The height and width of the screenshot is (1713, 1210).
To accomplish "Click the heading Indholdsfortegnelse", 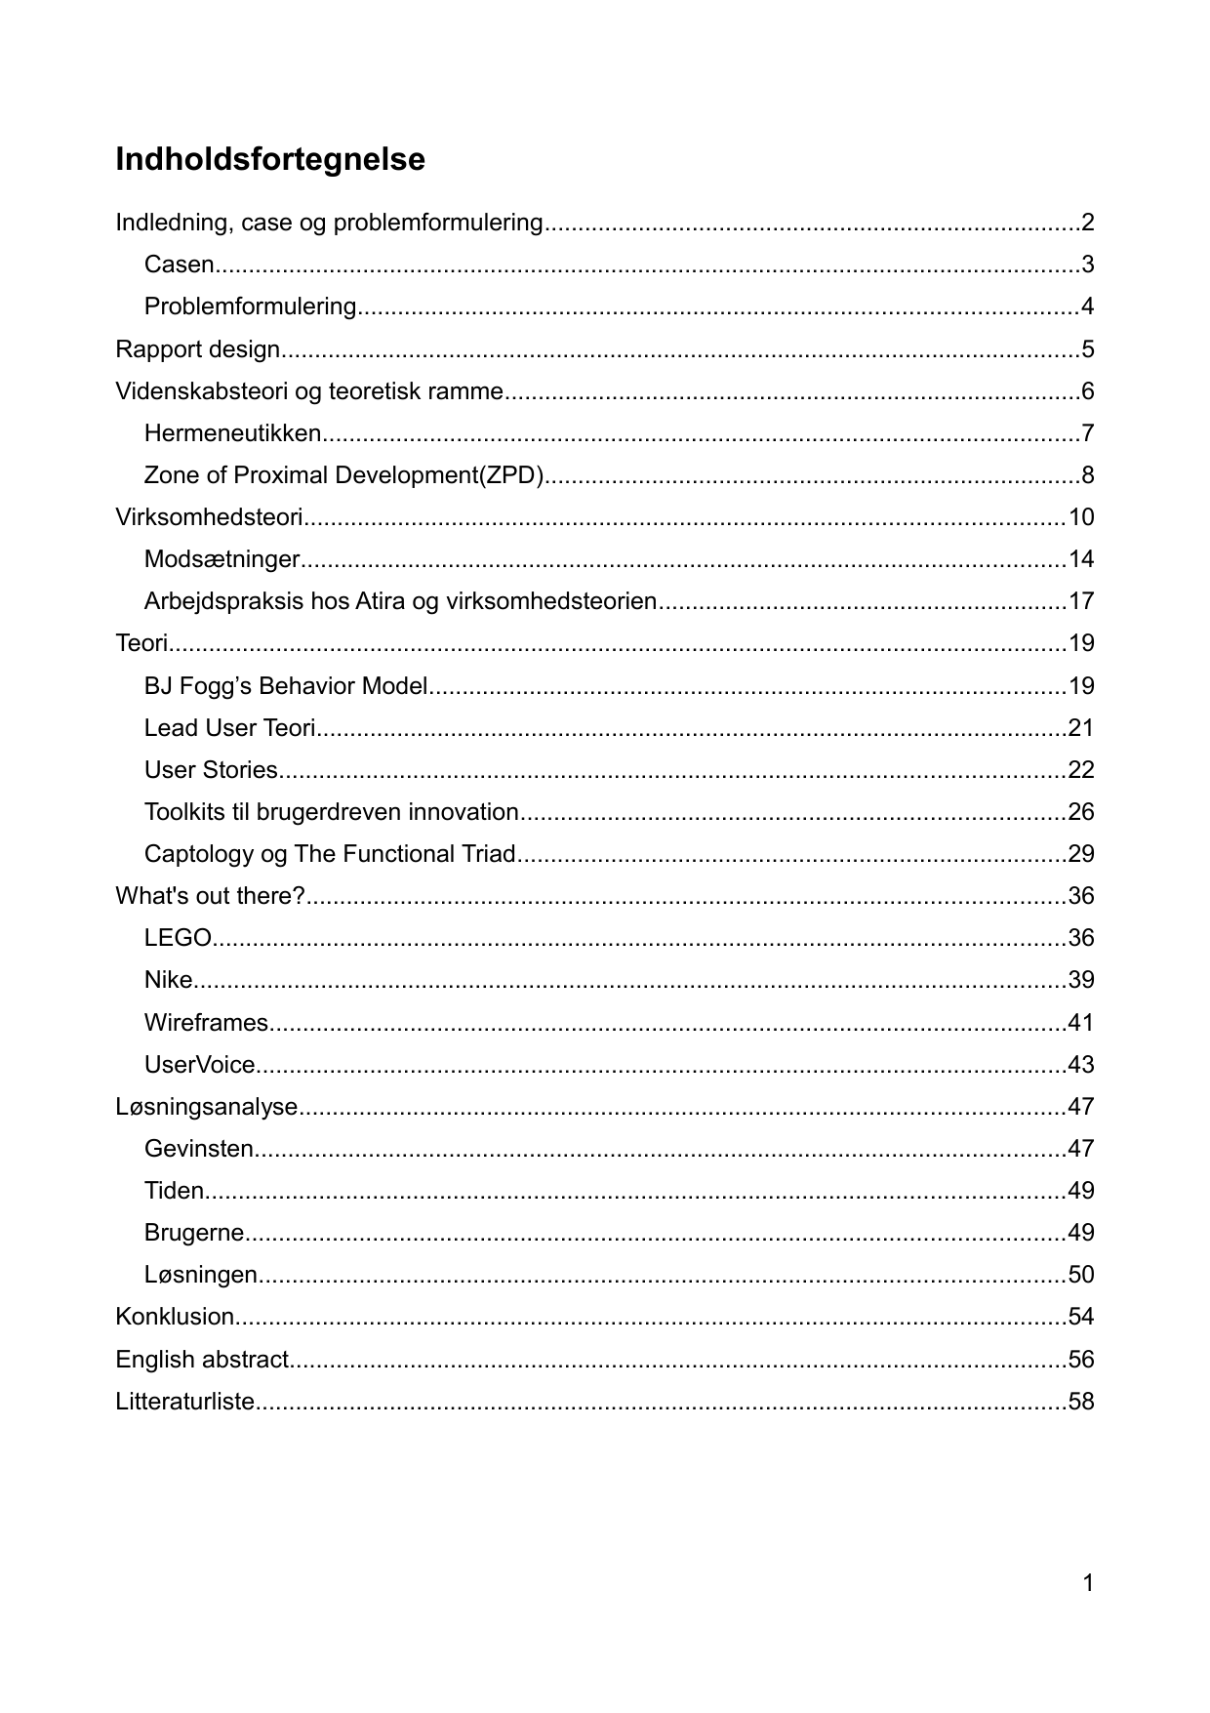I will [270, 159].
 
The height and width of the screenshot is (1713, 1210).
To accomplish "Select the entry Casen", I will [179, 265].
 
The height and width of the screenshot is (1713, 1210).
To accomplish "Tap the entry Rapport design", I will [198, 349].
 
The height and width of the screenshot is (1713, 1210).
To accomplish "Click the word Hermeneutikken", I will [232, 433].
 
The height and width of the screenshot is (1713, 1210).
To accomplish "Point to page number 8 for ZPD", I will [1087, 475].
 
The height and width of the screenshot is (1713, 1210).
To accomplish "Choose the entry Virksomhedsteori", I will [209, 517].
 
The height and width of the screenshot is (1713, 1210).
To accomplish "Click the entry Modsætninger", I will [222, 559].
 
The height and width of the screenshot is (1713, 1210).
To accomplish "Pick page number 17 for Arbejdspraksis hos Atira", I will [1081, 601].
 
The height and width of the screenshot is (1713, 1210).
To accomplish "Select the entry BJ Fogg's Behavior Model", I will [286, 686].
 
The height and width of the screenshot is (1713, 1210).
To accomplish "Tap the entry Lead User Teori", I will [229, 728].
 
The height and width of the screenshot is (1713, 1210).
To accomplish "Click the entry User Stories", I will [211, 770].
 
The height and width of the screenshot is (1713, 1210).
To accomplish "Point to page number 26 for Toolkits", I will [1081, 812].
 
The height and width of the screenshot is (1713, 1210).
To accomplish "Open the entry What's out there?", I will [210, 896].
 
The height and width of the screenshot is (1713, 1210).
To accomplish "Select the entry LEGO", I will [178, 938].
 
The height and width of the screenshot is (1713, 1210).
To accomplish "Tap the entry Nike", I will [168, 980].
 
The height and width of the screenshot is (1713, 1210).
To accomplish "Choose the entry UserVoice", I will [199, 1065].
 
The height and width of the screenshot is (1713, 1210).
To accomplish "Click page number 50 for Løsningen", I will [1081, 1275].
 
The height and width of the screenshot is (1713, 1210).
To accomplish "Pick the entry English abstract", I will [202, 1360].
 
